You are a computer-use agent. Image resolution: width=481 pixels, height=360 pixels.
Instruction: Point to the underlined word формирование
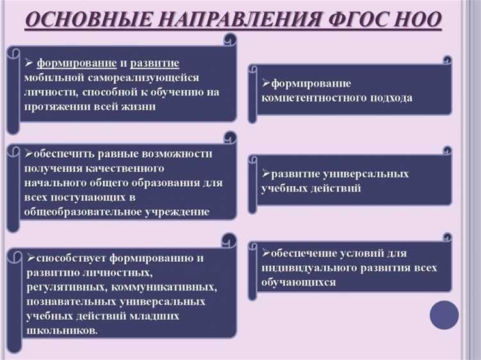tap(76, 63)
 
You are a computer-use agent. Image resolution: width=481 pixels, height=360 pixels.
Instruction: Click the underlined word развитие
tap(157, 63)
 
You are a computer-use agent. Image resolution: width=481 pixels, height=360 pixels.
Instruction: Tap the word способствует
tap(71, 258)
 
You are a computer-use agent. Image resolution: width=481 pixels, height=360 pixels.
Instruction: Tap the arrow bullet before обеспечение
tap(266, 253)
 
